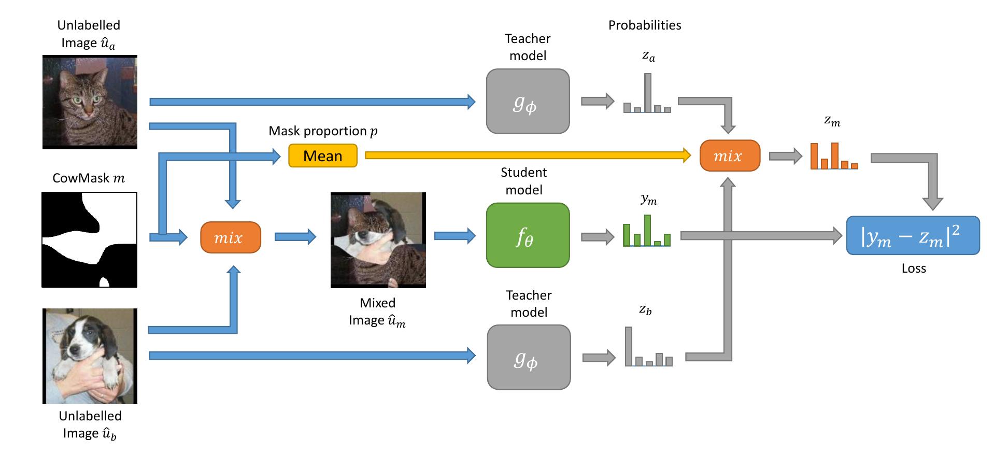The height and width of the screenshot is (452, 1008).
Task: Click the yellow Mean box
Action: (322, 156)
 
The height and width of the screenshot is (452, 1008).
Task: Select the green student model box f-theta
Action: (528, 235)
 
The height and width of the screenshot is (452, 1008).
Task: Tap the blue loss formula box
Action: (913, 236)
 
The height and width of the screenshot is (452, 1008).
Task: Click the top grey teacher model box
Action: (528, 101)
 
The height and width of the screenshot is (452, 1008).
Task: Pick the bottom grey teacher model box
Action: (529, 357)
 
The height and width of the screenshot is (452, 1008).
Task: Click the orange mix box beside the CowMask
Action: (230, 237)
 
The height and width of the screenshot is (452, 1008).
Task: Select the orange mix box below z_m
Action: (730, 156)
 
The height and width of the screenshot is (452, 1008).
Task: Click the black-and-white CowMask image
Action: (89, 240)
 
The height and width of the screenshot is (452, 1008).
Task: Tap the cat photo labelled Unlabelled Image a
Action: (90, 102)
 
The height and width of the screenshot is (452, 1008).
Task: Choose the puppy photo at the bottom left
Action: (90, 356)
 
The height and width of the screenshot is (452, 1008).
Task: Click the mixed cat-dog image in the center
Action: (378, 240)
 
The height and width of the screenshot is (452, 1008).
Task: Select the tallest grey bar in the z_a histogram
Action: (647, 93)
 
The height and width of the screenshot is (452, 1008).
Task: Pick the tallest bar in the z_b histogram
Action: (629, 346)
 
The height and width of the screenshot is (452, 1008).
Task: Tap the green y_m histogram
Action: (646, 231)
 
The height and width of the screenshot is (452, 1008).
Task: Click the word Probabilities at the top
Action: (644, 25)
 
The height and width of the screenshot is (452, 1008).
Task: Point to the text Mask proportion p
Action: (322, 131)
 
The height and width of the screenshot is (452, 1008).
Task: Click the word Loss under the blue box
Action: (913, 269)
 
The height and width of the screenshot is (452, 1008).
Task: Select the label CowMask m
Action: (89, 178)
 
